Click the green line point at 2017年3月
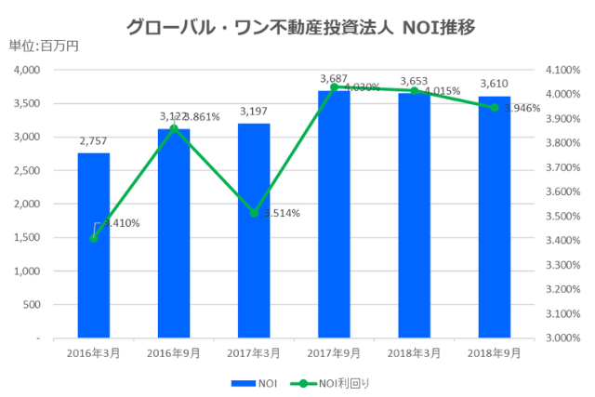(x=254, y=213)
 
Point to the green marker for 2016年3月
(x=93, y=238)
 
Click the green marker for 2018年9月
(x=495, y=108)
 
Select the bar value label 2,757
(x=93, y=142)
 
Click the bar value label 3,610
(x=495, y=85)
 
